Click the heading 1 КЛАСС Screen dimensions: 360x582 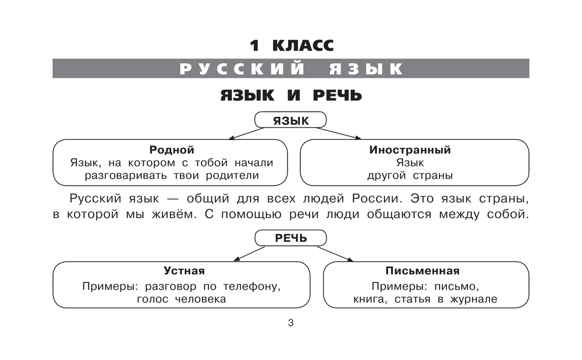(x=290, y=45)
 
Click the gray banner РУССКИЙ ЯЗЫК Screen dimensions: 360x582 (x=290, y=69)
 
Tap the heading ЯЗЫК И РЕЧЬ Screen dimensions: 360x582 (x=290, y=95)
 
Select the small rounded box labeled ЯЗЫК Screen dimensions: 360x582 (x=290, y=120)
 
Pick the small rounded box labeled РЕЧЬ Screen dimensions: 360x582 (x=290, y=237)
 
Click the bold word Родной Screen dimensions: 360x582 (x=171, y=150)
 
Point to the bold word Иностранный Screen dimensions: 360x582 (x=410, y=150)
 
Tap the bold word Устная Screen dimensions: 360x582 (x=184, y=271)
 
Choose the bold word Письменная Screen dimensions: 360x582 (x=423, y=271)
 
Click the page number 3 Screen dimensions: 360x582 (x=290, y=323)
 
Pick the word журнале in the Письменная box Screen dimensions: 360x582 (x=475, y=300)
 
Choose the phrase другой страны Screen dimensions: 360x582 (x=410, y=175)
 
